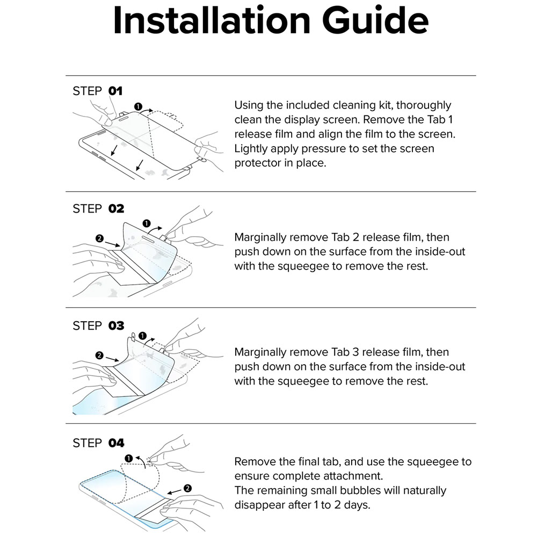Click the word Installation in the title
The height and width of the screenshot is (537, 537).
[x=212, y=21]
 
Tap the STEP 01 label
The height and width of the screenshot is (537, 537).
[x=98, y=91]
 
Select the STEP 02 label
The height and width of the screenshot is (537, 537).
[x=98, y=208]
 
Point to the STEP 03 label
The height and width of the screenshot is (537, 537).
[x=98, y=325]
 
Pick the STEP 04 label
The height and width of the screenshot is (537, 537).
[x=98, y=443]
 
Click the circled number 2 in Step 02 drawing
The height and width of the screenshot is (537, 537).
[x=100, y=238]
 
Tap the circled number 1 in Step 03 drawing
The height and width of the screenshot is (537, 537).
[x=142, y=336]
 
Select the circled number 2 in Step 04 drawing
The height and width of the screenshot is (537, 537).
[x=187, y=488]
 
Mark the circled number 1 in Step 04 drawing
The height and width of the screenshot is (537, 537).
[x=128, y=458]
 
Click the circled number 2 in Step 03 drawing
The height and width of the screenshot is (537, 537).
[x=99, y=355]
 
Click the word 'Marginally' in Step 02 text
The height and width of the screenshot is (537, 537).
[x=260, y=237]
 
